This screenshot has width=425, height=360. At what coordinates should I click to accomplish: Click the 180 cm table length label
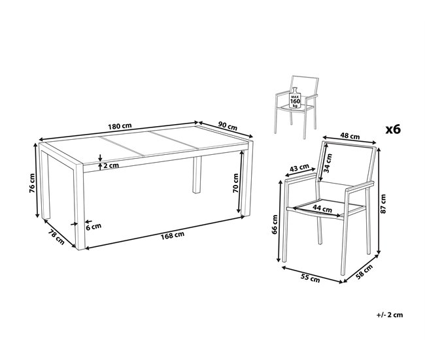pos(120,125)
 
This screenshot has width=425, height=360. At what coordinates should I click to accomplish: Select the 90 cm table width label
pos(228,126)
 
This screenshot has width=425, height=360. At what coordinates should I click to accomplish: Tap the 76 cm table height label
pos(32,183)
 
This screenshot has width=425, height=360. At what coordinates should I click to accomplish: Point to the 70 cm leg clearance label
pos(235,183)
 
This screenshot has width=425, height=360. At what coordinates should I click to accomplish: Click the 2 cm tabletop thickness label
pos(111,165)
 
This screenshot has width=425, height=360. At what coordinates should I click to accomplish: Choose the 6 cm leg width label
pos(93,226)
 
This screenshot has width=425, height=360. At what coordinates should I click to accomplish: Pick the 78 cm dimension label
pos(56,237)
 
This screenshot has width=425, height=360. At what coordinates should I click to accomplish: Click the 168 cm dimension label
pos(173,235)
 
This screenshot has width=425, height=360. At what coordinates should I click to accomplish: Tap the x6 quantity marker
pos(393,129)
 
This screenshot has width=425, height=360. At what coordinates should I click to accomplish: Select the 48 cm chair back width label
pos(350,135)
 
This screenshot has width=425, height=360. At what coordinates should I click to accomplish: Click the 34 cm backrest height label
pos(328,163)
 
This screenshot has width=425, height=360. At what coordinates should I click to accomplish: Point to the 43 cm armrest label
pos(299,168)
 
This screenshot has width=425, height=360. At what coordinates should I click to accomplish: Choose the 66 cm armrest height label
pos(275,224)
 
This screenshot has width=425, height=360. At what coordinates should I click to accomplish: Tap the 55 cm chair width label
pos(311,278)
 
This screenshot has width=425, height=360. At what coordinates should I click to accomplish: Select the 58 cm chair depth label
pos(364,272)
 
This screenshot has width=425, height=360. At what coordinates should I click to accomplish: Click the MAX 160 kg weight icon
pos(295,98)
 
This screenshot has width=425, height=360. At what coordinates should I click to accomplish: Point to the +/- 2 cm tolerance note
pos(390,315)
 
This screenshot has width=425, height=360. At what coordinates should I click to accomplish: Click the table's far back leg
pos(197,174)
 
